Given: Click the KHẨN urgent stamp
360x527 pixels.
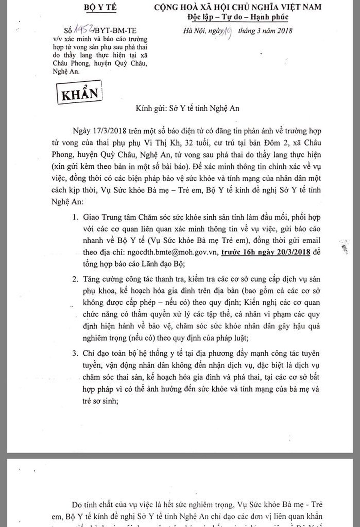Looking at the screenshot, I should pos(79,93).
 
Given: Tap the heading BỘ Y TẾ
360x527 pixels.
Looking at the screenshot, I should pos(100,7).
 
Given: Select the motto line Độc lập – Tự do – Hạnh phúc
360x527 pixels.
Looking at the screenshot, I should pos(238,17).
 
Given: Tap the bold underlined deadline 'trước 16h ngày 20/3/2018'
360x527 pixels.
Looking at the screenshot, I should pos(265,252).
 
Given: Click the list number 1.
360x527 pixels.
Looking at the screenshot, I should pos(76,217).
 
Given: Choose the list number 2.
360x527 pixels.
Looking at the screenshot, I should pos(76,279).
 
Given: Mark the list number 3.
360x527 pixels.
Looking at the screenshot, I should pos(76,353).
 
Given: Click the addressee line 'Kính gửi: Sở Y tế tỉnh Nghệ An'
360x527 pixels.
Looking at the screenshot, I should pos(187,108).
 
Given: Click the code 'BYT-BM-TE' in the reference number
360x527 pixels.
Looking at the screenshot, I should pos(116,30).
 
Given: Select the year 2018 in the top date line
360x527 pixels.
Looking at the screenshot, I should pos(285,31).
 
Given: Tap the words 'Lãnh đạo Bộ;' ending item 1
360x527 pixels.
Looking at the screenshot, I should pos(165,263).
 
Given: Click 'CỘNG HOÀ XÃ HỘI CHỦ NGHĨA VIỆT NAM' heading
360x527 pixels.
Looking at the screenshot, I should pos(238,7).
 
